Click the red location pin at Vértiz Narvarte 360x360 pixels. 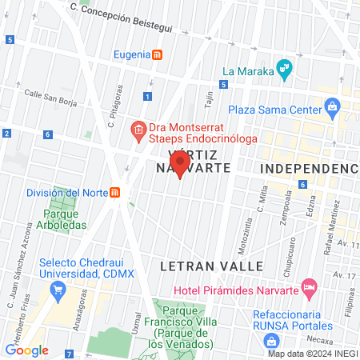(x=180, y=162)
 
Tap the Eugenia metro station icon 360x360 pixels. (x=158, y=55)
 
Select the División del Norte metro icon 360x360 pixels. (x=116, y=193)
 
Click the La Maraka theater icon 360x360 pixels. (x=282, y=70)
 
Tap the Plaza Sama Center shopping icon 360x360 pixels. (x=333, y=108)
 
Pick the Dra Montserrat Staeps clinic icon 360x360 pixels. (x=138, y=129)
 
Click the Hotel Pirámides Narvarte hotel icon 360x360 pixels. (x=309, y=286)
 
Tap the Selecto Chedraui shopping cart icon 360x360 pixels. (x=57, y=291)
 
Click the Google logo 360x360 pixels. (x=26, y=350)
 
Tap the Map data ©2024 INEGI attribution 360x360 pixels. (x=311, y=353)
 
